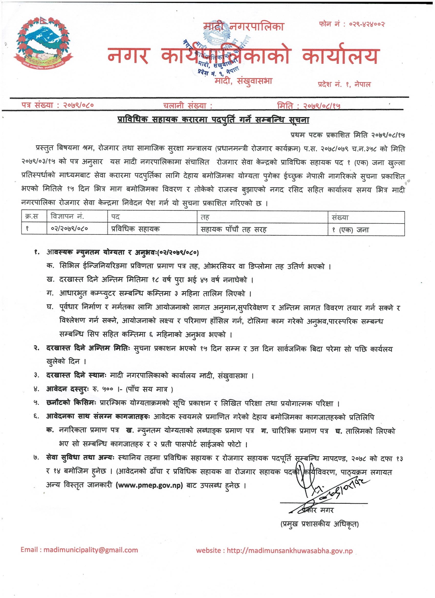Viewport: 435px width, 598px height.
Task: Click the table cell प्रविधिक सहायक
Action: point(134,229)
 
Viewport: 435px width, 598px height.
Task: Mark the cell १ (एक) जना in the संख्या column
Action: point(349,229)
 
